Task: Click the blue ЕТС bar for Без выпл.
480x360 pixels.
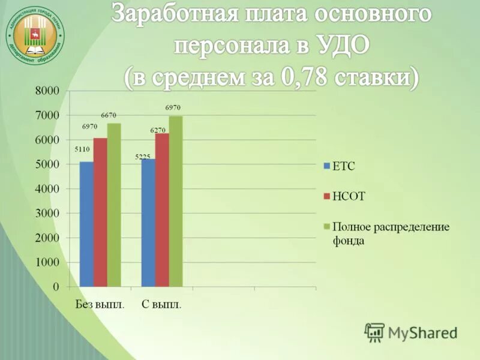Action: pos(86,224)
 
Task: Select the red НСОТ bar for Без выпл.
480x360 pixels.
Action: pos(100,212)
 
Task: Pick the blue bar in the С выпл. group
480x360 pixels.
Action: pos(148,223)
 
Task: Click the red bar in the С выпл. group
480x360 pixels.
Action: pos(162,210)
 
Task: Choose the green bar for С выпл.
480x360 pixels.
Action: pos(176,202)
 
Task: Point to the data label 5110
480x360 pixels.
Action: pos(82,149)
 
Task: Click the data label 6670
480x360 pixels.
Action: pos(109,115)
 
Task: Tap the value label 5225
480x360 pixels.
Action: pos(143,157)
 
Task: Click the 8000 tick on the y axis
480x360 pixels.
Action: pos(47,91)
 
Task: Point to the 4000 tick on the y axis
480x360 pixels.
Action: pos(47,189)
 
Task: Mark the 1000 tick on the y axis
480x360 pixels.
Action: pos(47,263)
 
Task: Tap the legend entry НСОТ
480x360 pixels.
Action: pos(349,196)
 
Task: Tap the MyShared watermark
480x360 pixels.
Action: pos(411,332)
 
